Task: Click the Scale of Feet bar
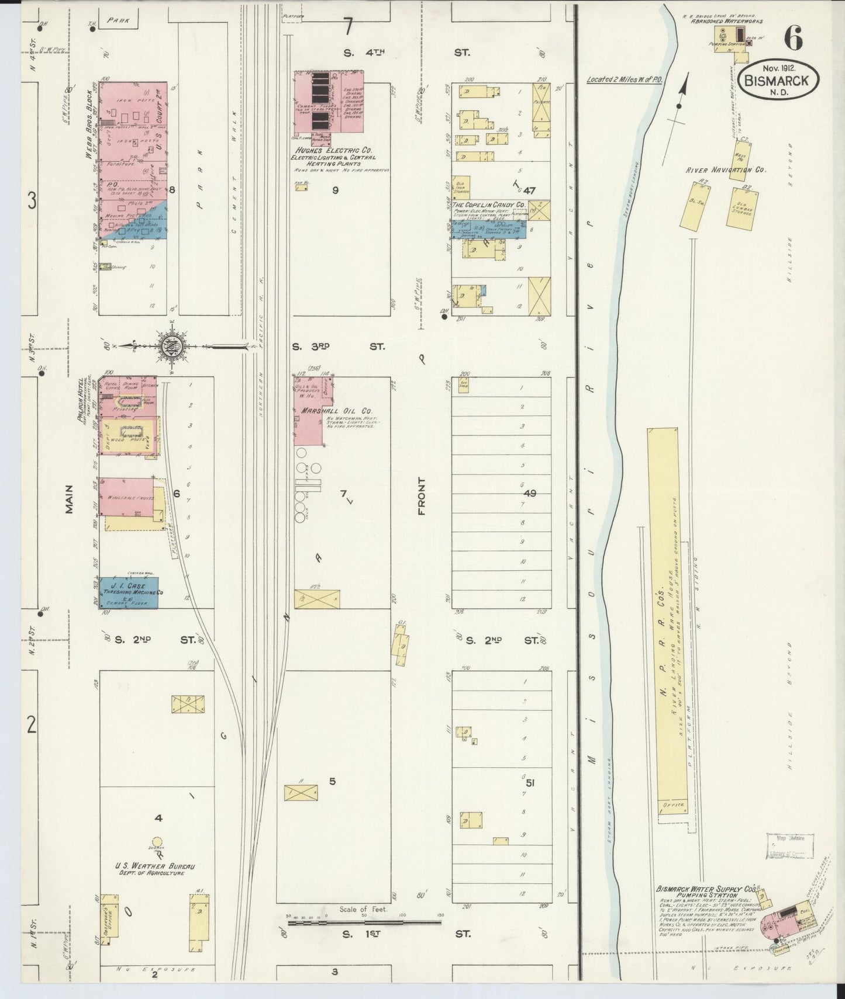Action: pyautogui.click(x=363, y=922)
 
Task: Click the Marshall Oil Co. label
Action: pyautogui.click(x=337, y=411)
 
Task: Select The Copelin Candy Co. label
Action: pyautogui.click(x=489, y=205)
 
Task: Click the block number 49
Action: pyautogui.click(x=529, y=494)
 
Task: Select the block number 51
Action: pyautogui.click(x=530, y=783)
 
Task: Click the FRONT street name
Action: pyautogui.click(x=422, y=497)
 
